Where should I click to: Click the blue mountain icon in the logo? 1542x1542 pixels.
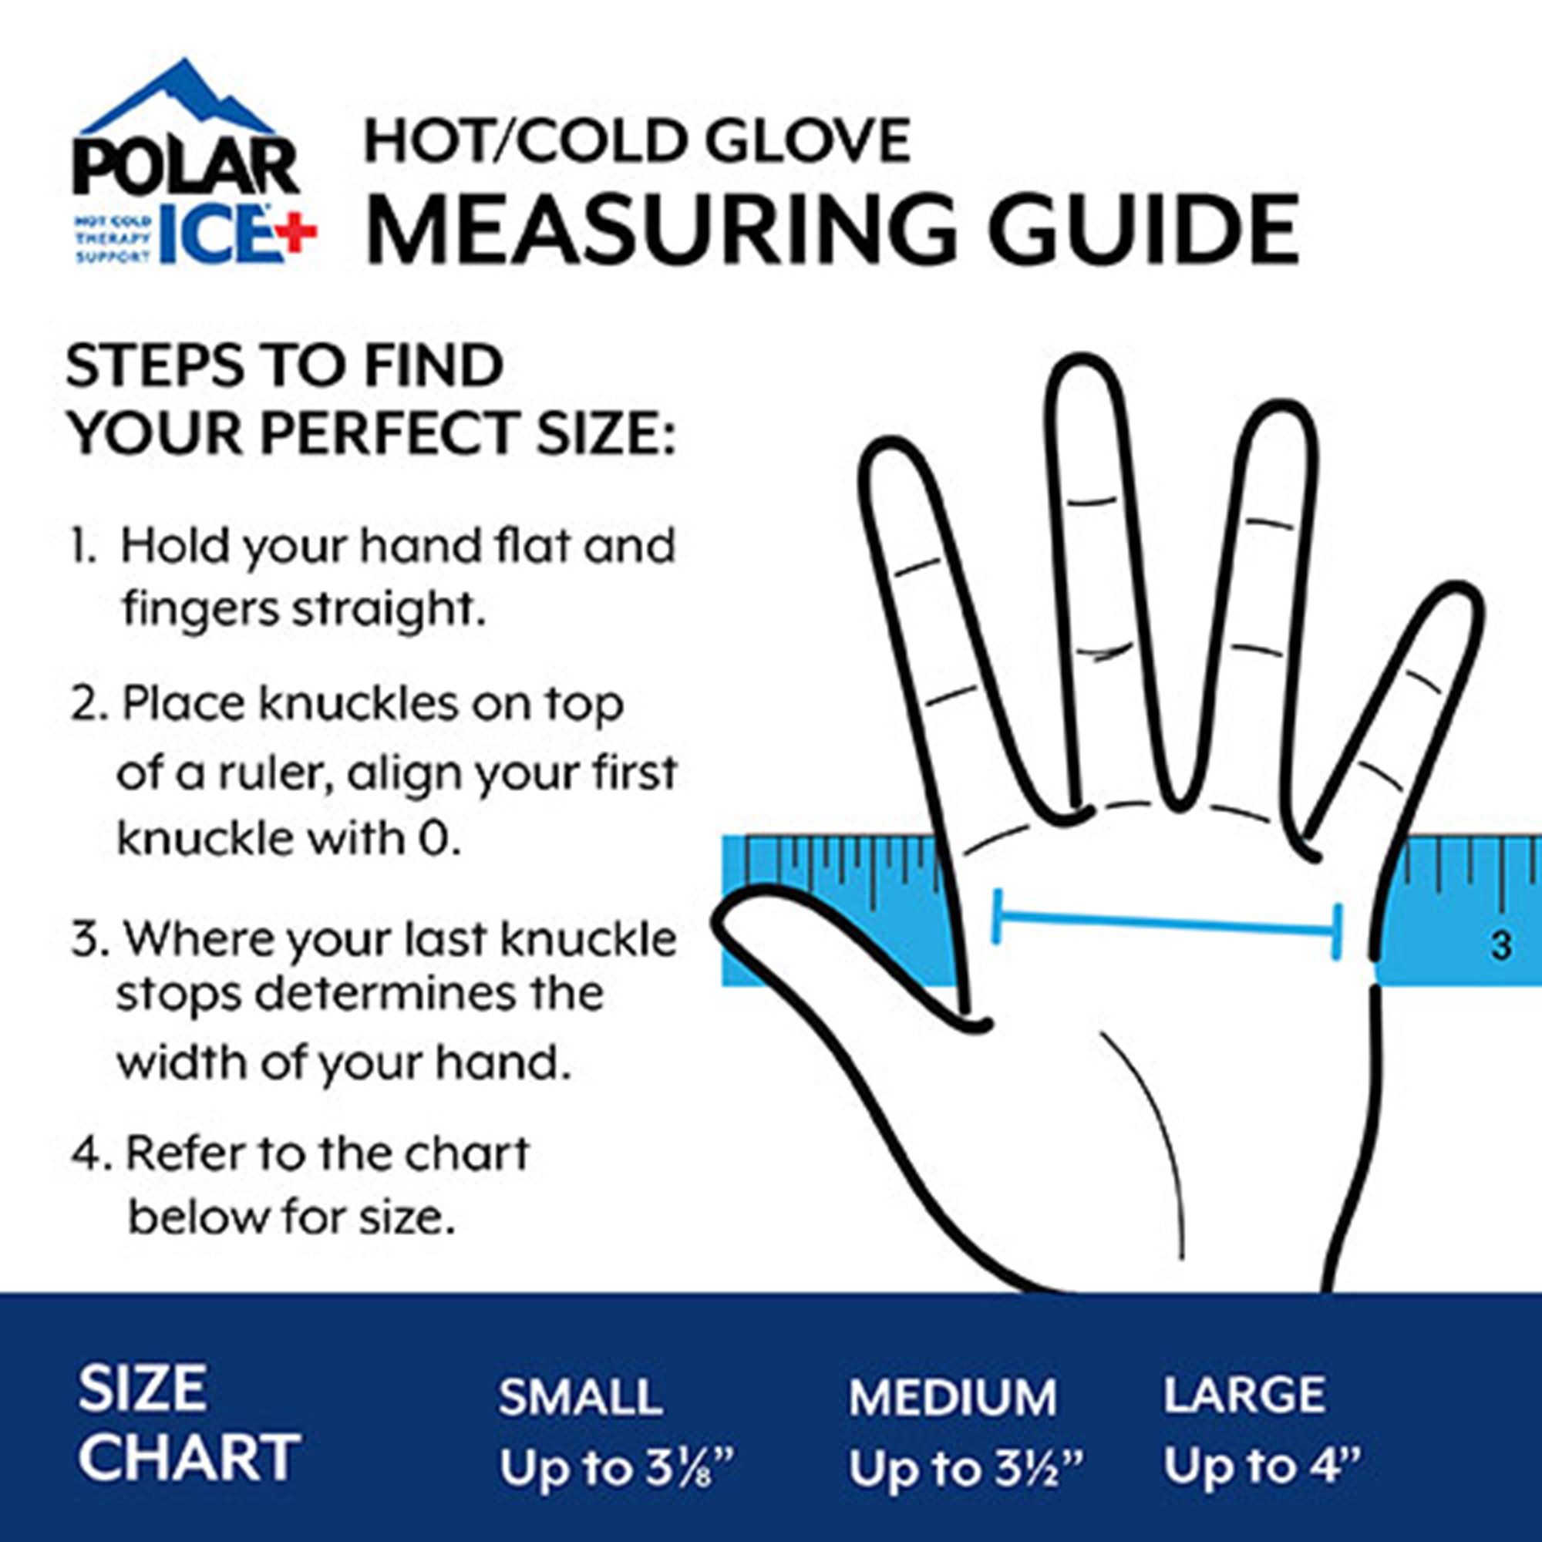click(180, 99)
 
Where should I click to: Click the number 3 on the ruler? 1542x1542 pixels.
click(1501, 947)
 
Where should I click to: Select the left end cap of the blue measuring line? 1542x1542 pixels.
click(995, 915)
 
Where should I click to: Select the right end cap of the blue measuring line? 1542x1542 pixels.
click(1337, 932)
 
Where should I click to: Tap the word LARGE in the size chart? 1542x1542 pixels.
click(1244, 1392)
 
